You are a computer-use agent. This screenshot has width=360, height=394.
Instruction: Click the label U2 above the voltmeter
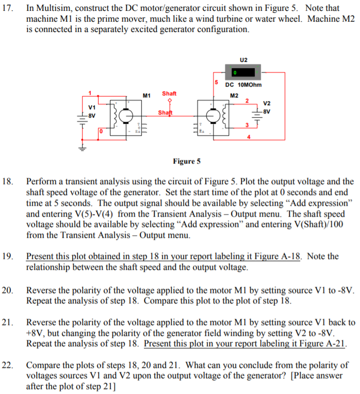243,59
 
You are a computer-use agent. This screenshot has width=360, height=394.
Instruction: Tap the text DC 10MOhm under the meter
243,85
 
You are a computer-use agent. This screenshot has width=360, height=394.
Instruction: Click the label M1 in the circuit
146,95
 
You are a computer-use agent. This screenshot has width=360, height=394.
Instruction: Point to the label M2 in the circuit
234,95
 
